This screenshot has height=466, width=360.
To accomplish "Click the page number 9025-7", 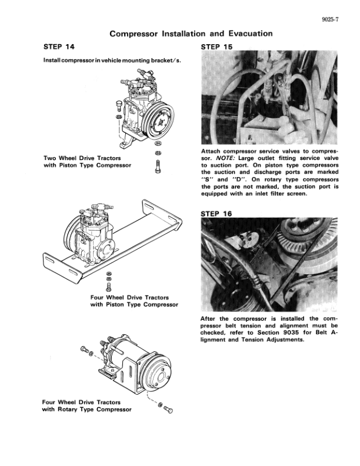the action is click(330, 19).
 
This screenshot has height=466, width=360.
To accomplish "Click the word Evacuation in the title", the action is click(251, 34).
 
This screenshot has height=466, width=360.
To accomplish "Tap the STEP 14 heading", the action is click(59, 46).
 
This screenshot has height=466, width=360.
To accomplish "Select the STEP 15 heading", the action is click(216, 47).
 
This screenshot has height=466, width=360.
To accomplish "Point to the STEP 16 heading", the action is click(216, 214).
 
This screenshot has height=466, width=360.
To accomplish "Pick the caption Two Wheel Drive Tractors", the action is click(82, 158).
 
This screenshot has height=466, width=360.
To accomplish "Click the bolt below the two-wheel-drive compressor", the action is click(158, 167).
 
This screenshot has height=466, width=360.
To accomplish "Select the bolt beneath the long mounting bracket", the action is click(108, 287).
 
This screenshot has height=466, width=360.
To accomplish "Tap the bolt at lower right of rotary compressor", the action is click(168, 410).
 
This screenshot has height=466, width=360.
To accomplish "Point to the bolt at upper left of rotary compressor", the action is click(84, 349).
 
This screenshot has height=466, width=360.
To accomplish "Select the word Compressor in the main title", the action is click(134, 34).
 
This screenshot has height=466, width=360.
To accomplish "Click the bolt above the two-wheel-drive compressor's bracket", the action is click(118, 105).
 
